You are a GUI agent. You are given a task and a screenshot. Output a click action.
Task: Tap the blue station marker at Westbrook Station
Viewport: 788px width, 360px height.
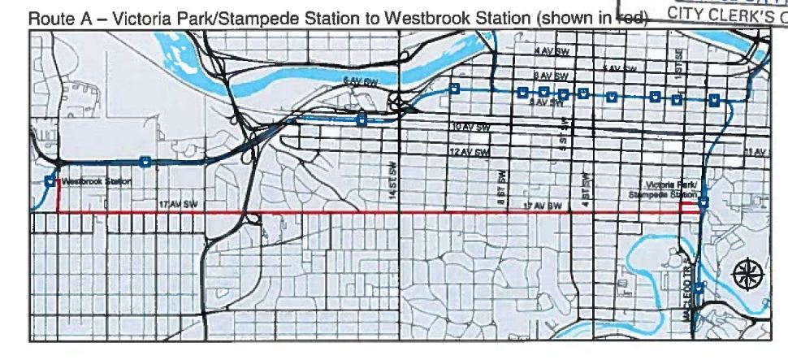[x=51, y=181]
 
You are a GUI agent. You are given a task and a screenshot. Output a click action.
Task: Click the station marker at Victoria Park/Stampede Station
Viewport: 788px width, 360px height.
[x=704, y=202]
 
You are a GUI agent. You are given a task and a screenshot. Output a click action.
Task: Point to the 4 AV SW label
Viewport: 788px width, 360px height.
[x=546, y=50]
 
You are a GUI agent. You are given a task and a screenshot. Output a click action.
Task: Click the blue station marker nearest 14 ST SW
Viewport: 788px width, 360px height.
[x=362, y=120]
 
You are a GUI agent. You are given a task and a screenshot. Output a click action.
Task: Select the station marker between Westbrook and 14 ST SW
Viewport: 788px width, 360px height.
[x=145, y=162]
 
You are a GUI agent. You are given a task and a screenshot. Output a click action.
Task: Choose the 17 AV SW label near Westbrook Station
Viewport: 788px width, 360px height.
[x=175, y=204]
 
